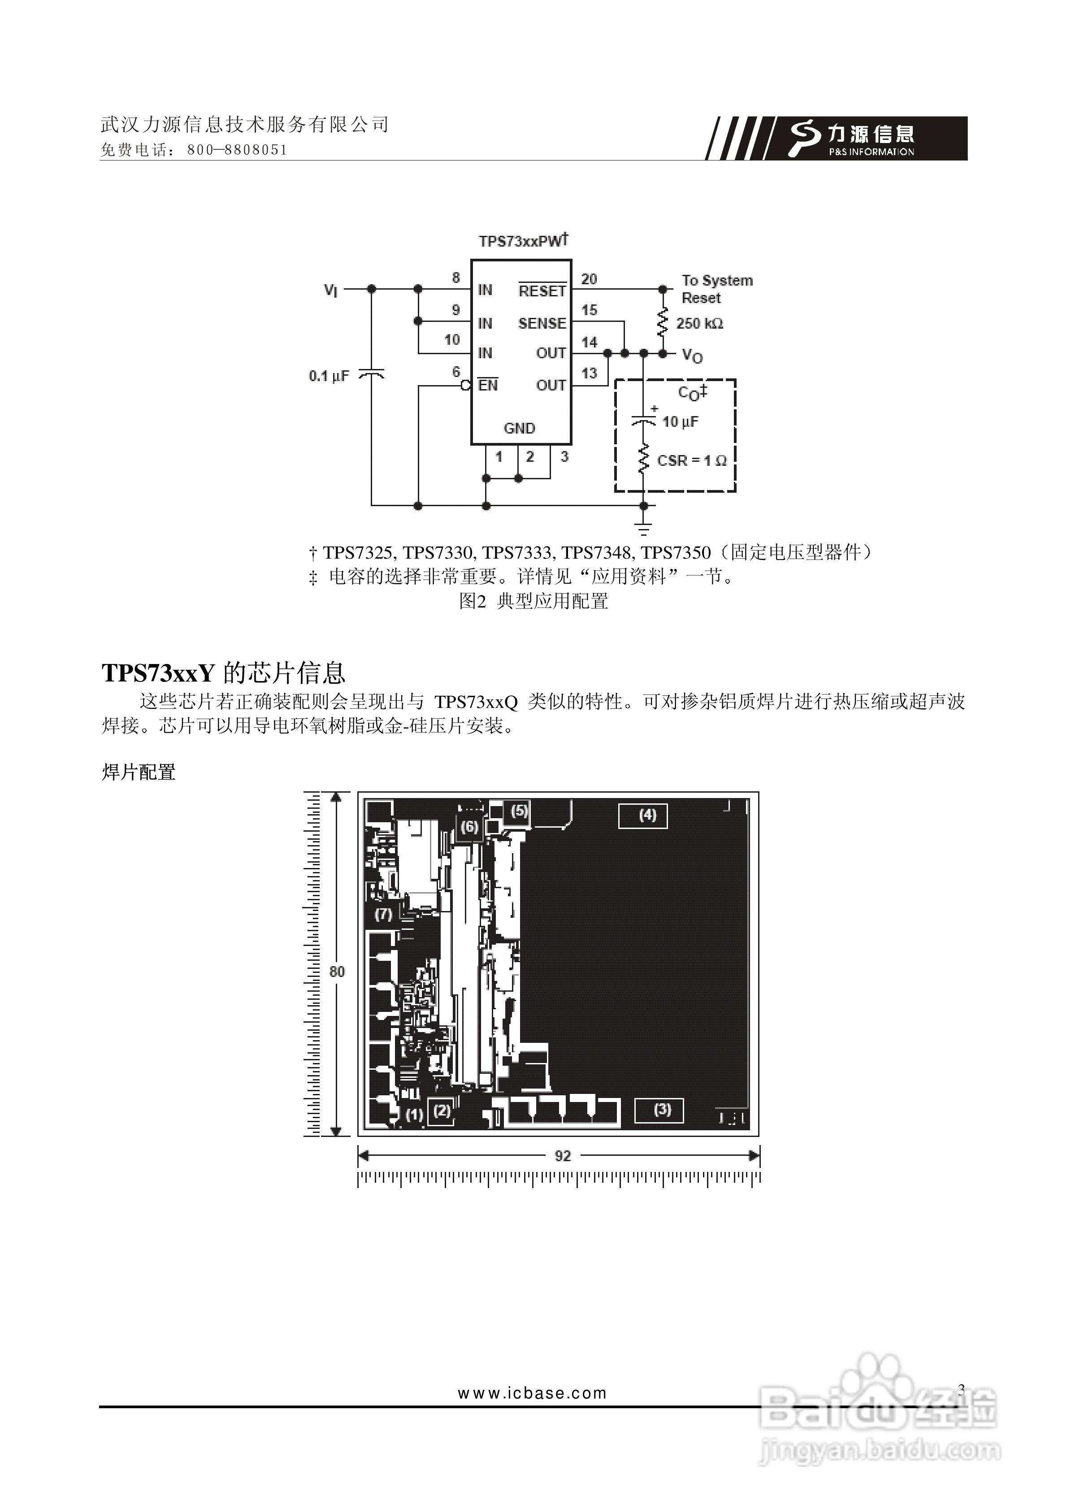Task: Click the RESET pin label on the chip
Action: (x=542, y=291)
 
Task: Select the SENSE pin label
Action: (x=542, y=323)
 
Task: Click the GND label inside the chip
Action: (x=519, y=428)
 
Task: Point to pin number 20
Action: (x=589, y=279)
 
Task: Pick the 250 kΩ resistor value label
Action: (x=699, y=324)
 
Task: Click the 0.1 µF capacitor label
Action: (x=329, y=376)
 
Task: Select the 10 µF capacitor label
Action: (x=680, y=421)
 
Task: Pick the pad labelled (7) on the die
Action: (x=383, y=914)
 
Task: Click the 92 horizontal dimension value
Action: (x=563, y=1155)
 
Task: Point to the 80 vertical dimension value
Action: (x=337, y=972)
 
